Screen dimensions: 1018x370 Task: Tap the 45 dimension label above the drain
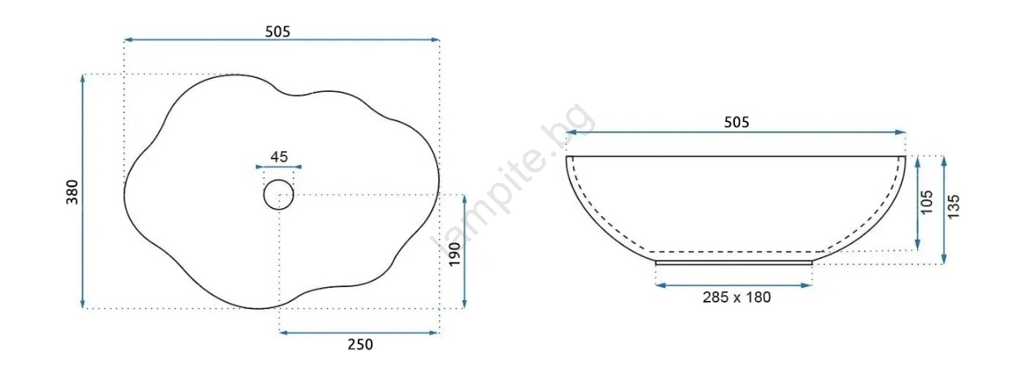(279, 157)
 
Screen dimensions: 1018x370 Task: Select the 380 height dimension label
(72, 192)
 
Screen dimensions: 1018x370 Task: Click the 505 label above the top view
(278, 32)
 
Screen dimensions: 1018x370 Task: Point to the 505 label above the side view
(736, 122)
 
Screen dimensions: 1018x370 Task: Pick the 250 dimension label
(360, 345)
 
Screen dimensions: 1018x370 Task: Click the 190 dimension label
(455, 255)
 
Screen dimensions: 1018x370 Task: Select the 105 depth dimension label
(926, 202)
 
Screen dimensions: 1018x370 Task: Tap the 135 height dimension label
(954, 207)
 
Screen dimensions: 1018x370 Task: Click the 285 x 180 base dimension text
(737, 298)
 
